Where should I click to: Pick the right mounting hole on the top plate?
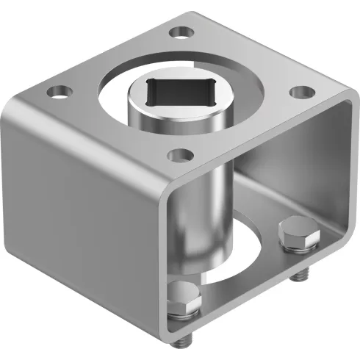(x=298, y=92)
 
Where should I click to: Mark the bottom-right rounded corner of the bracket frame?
(x=345, y=239)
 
